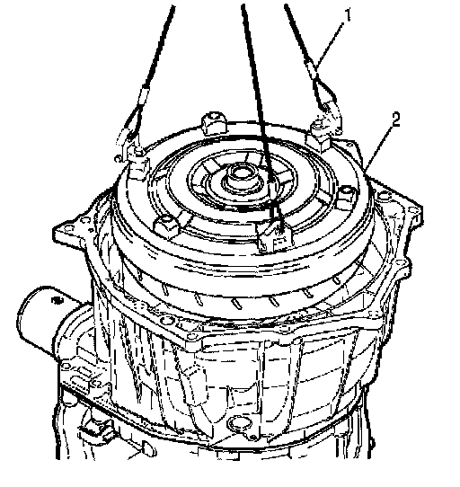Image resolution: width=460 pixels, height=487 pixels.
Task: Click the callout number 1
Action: pyautogui.click(x=348, y=15)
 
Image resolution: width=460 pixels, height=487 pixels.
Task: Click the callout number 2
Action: pyautogui.click(x=395, y=120)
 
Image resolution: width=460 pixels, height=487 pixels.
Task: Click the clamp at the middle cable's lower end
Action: pyautogui.click(x=275, y=237)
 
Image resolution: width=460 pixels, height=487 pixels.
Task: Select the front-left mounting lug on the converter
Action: pyautogui.click(x=167, y=226)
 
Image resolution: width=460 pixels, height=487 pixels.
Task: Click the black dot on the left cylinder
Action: pyautogui.click(x=57, y=300)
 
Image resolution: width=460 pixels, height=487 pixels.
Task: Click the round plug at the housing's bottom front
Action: pyautogui.click(x=237, y=423)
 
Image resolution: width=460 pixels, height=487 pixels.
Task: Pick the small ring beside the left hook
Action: pyautogui.click(x=118, y=159)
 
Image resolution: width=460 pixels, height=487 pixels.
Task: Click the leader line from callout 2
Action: pyautogui.click(x=378, y=148)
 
